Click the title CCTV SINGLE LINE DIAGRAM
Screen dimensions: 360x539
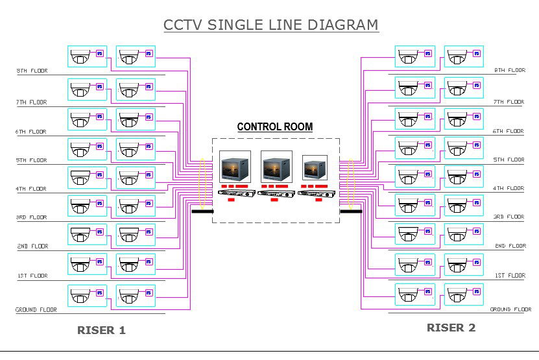tap(270, 25)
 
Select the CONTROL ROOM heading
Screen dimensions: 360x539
tap(274, 127)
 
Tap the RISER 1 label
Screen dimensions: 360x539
tap(101, 330)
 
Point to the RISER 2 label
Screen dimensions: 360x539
tap(451, 328)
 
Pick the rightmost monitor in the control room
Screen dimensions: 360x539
tap(315, 167)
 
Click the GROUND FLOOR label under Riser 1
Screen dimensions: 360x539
tap(36, 310)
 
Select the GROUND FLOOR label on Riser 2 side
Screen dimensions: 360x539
tap(510, 309)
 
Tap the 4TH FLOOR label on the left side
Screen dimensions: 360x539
tap(31, 189)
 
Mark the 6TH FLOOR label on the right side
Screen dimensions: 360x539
tap(509, 131)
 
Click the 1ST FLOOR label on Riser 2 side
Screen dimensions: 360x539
tap(509, 276)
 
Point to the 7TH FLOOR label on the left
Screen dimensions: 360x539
tap(31, 102)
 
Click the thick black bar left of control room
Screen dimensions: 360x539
tap(202, 211)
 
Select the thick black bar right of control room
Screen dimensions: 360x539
tap(351, 211)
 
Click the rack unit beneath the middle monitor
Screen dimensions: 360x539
tap(276, 193)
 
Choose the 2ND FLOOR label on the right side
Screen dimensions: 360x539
tap(509, 246)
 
